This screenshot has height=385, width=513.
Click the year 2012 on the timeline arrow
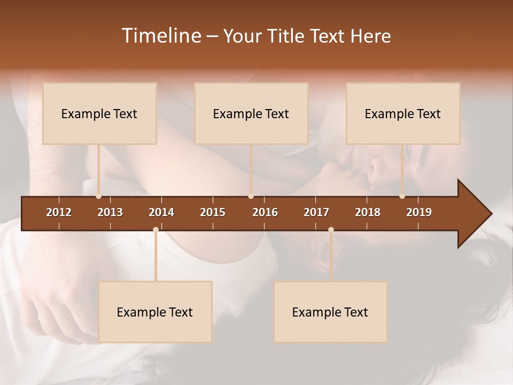(59, 212)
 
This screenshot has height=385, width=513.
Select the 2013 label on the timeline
(110, 212)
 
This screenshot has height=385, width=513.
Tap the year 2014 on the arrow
(161, 212)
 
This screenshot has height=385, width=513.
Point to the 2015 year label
(213, 212)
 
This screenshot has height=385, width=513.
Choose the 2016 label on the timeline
(265, 212)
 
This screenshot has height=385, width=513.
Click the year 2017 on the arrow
(316, 212)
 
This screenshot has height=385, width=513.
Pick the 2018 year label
(368, 212)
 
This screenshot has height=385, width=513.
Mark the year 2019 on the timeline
(419, 212)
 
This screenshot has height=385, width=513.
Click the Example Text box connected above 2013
(99, 113)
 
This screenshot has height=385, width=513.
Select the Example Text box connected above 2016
(251, 113)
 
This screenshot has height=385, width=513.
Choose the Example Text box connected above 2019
(403, 113)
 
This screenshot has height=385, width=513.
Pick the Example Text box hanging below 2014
(155, 312)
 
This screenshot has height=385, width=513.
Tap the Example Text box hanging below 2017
(330, 312)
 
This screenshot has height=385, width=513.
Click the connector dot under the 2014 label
(156, 229)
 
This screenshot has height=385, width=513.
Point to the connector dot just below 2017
(331, 229)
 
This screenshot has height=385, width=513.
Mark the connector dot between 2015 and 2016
(251, 196)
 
